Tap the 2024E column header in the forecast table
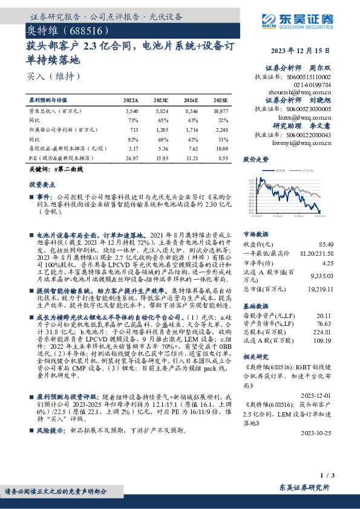191,100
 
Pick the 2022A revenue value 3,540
131,112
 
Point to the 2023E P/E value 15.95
161,157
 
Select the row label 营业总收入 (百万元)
51,112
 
